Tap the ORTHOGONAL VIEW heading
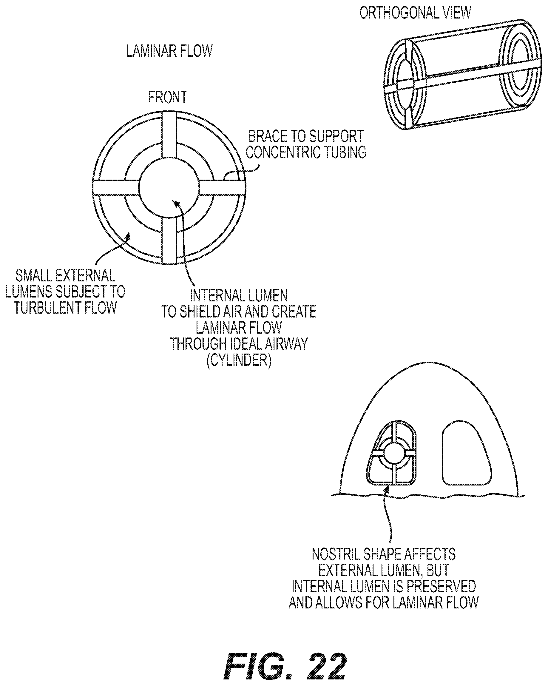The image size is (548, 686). [x=415, y=13]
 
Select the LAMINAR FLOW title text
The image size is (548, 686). [x=169, y=51]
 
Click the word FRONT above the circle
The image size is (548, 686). [x=168, y=97]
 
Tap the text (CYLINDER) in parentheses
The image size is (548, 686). [x=239, y=360]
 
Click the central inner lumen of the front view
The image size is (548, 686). [x=169, y=187]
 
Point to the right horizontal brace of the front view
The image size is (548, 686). [x=222, y=187]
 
